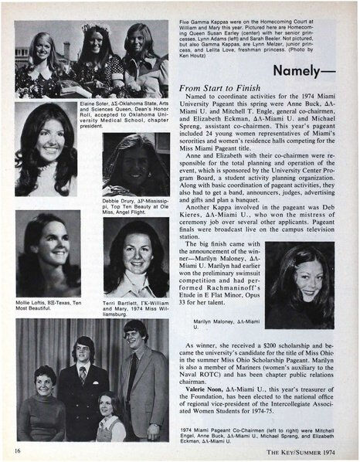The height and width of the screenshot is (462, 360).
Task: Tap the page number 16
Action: pyautogui.click(x=17, y=450)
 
